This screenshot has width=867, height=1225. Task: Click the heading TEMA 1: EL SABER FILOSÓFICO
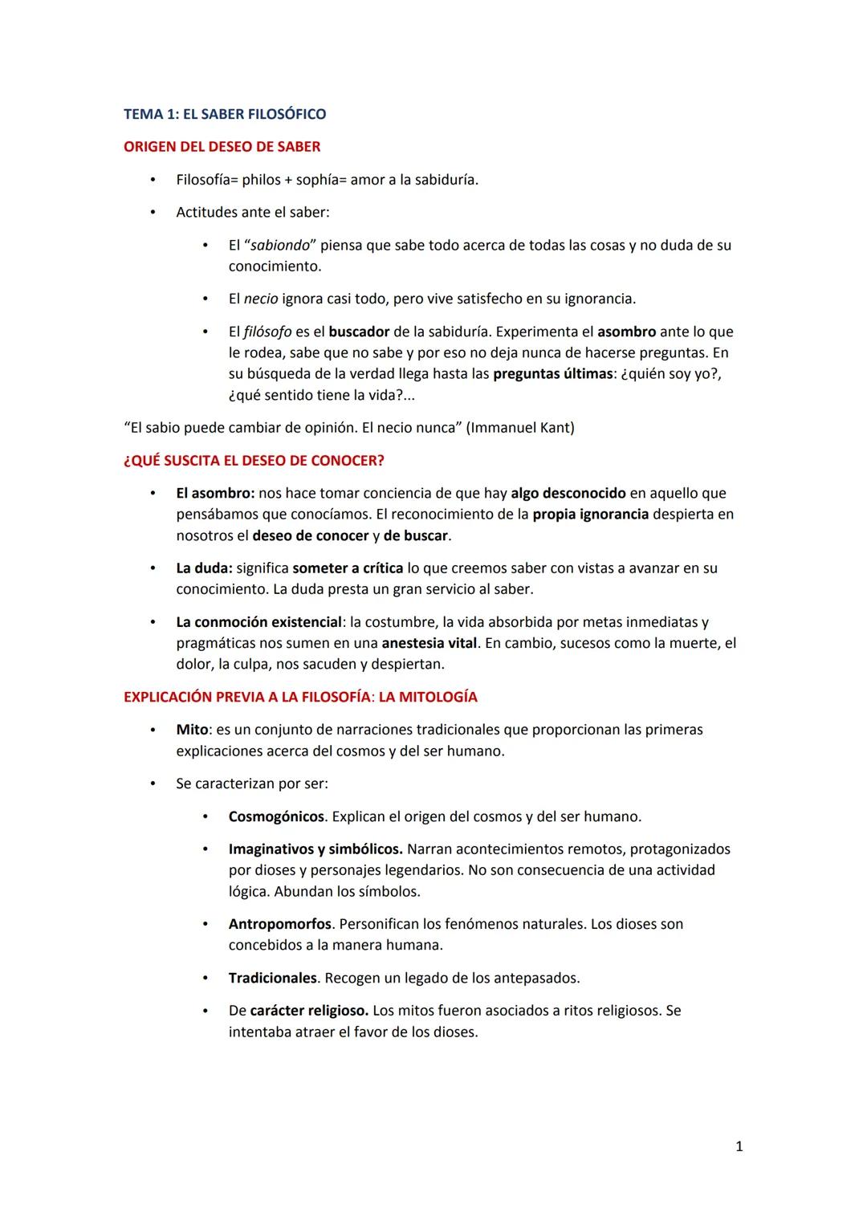point(225,114)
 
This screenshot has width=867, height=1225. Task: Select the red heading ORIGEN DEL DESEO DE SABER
point(222,147)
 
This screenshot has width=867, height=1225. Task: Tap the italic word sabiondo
point(280,246)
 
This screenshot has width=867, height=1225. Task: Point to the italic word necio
point(261,299)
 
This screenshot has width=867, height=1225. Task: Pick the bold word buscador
point(359,332)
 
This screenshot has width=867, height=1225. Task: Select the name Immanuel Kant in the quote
point(521,428)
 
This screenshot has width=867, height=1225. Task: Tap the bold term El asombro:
point(215,494)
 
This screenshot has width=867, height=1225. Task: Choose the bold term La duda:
point(204,568)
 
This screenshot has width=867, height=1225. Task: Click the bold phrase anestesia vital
point(429,644)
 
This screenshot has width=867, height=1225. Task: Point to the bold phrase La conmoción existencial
point(258,623)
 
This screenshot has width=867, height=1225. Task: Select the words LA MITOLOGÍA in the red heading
point(428,698)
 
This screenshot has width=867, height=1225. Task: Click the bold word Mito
point(192,731)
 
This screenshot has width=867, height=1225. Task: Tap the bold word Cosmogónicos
point(276,817)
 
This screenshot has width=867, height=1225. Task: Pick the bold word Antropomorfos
point(279,925)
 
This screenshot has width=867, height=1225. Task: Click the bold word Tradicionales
point(272,979)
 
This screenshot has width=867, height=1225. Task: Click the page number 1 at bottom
point(739,1147)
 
